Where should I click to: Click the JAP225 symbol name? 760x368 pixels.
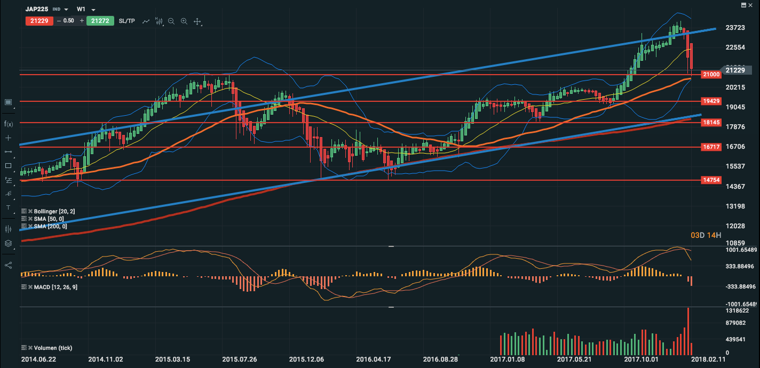37,9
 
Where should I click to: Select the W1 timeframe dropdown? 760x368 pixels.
81,9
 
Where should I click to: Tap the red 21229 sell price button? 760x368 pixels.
38,21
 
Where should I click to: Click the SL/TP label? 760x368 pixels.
126,21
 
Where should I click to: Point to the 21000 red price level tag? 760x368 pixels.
711,75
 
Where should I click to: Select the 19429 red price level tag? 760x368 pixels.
711,101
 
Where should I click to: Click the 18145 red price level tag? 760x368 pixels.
711,123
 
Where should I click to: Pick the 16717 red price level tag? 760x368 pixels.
711,147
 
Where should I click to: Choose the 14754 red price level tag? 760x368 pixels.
711,180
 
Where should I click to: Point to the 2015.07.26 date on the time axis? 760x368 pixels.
240,359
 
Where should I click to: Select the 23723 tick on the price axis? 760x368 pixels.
735,28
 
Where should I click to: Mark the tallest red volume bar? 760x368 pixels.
688,330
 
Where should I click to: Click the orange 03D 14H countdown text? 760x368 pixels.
706,235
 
